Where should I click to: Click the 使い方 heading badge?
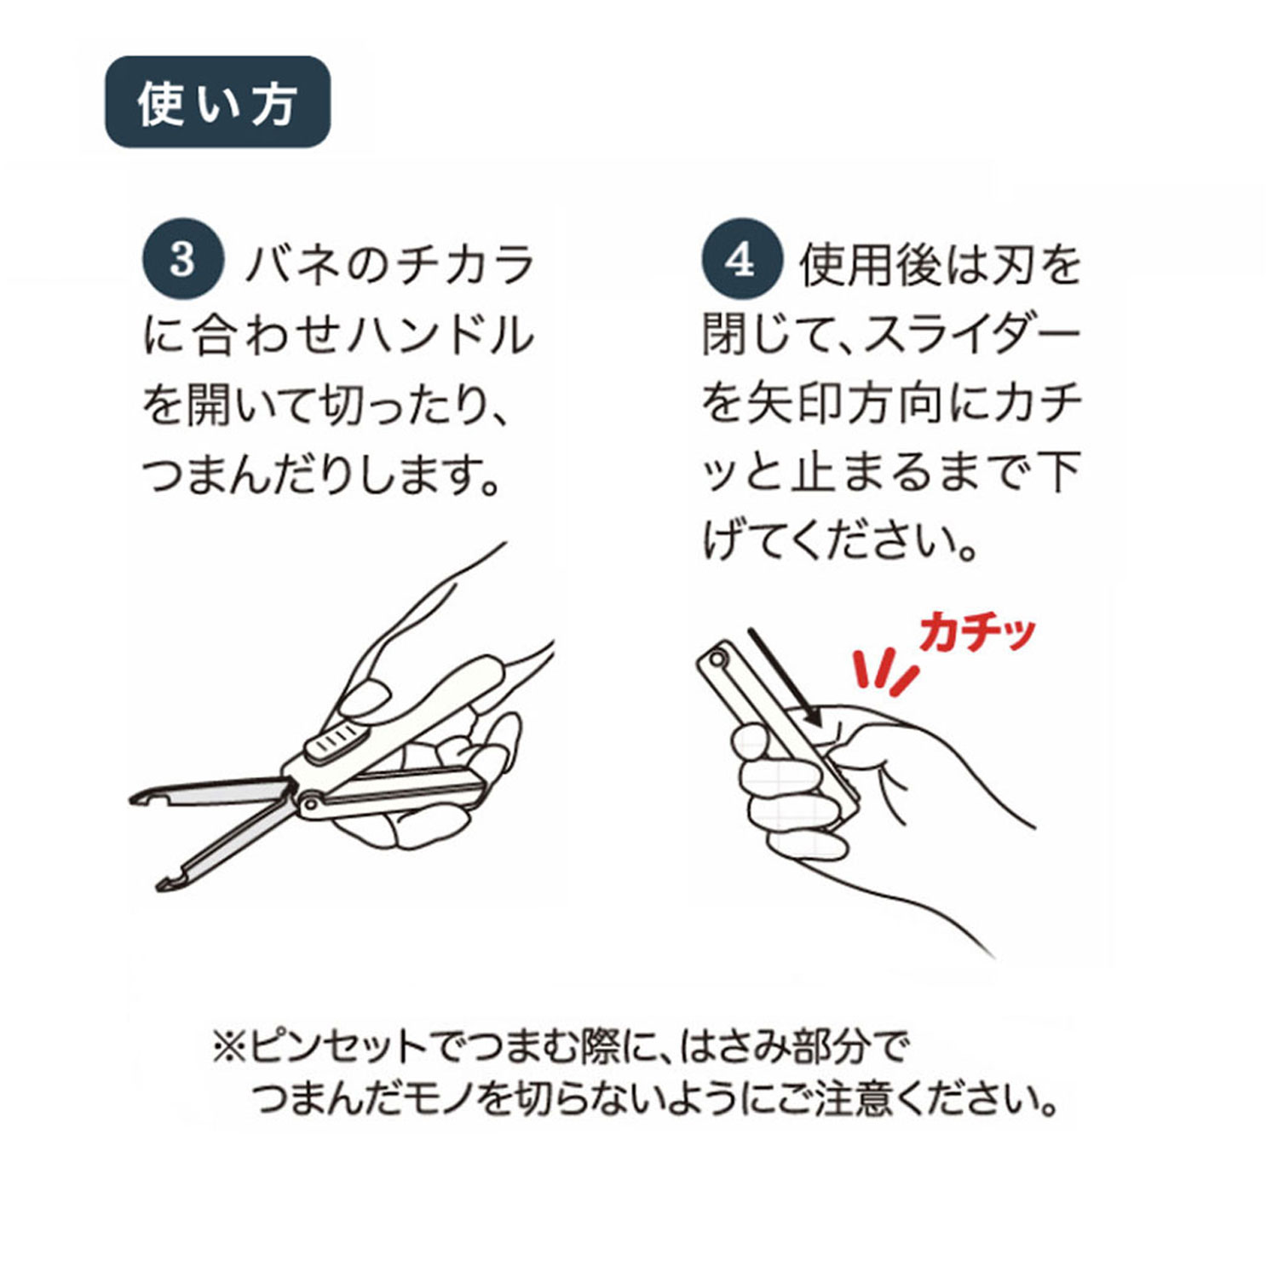[x=217, y=102]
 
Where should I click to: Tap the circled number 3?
[x=182, y=259]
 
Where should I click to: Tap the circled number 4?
[x=741, y=259]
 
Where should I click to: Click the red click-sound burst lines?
[x=886, y=668]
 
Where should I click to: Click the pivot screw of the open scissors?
[x=311, y=803]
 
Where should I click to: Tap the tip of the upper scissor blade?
[x=133, y=799]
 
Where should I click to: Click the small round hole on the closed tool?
[x=717, y=658]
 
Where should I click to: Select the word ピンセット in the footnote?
[x=337, y=1046]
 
